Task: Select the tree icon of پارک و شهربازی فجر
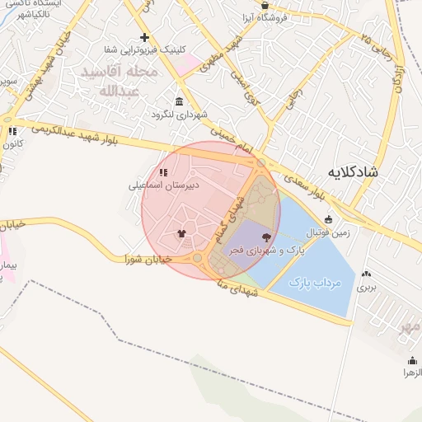point(265,237)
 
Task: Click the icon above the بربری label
point(365,274)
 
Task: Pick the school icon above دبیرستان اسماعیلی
point(163,172)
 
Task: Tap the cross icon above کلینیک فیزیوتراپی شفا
point(144,37)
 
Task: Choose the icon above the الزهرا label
point(411,360)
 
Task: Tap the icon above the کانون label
point(12,131)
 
